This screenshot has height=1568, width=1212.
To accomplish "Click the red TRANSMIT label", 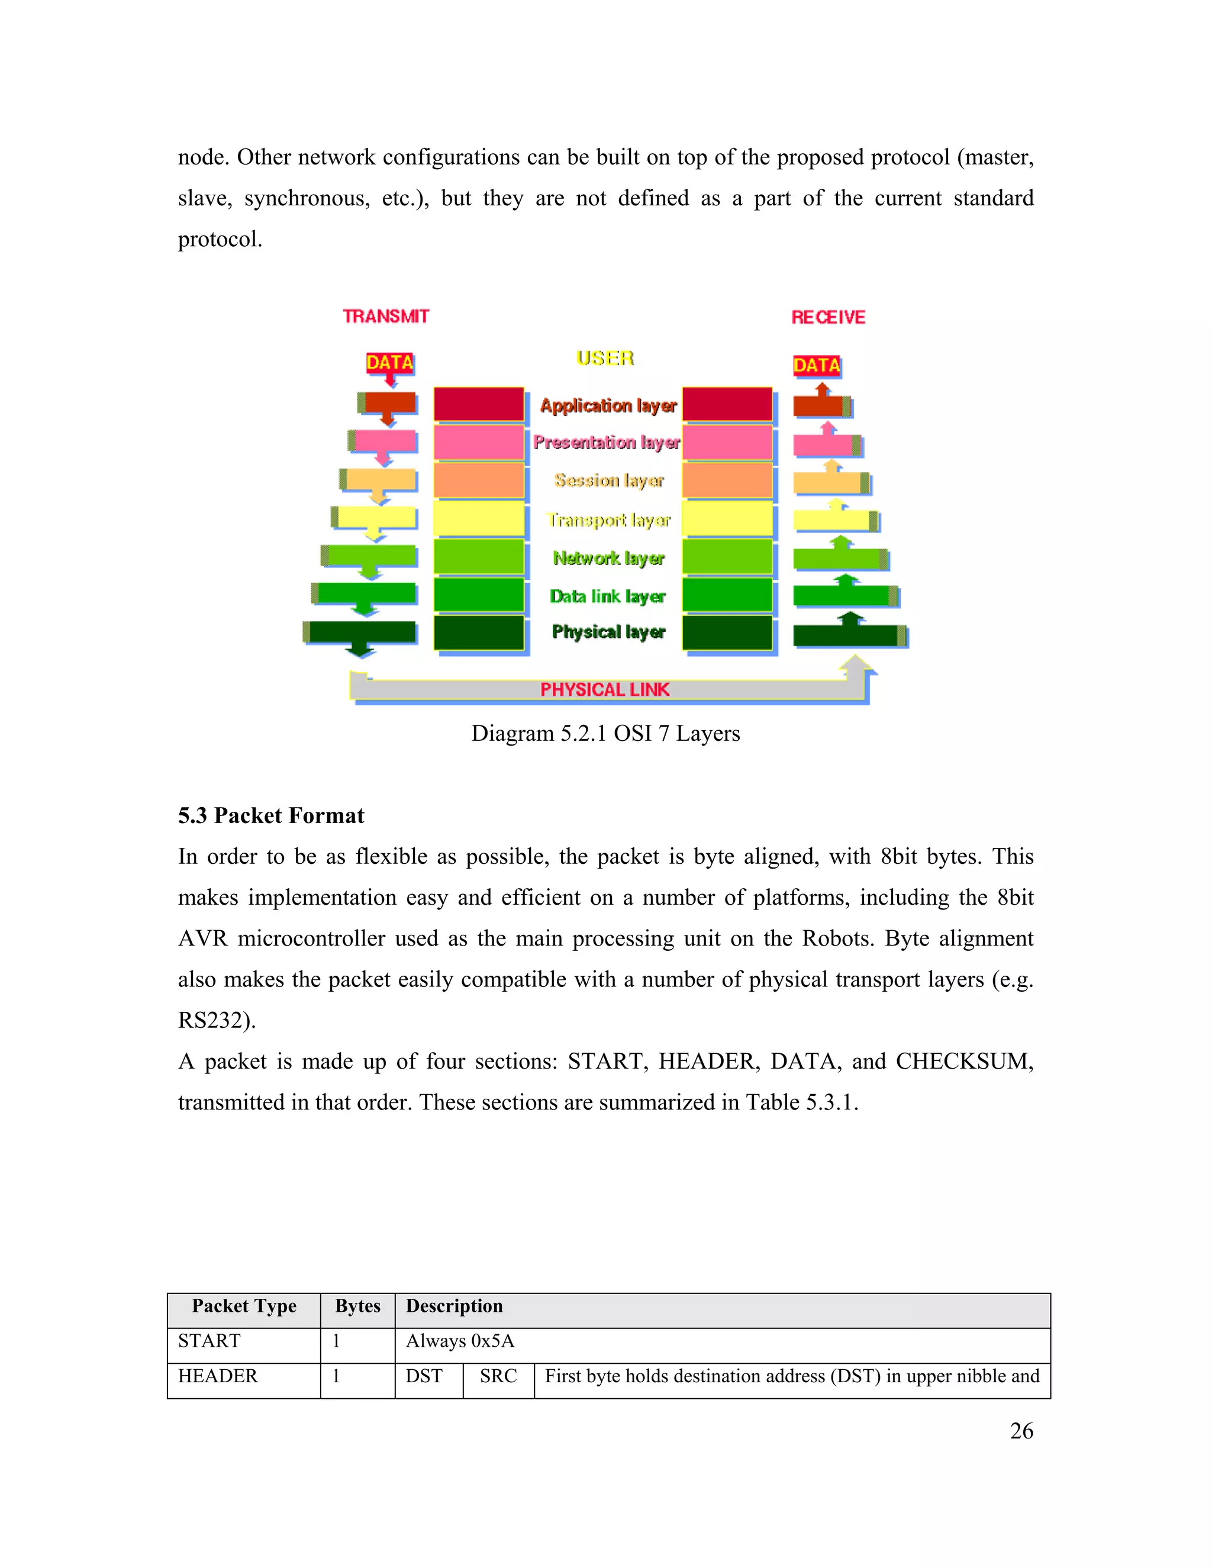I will [x=386, y=317].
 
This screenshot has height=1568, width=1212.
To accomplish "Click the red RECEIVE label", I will [x=828, y=317].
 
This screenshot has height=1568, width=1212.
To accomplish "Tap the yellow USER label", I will [x=605, y=357].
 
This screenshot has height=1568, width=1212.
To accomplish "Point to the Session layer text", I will [x=609, y=480].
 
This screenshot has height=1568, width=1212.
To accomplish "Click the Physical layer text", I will [x=608, y=632].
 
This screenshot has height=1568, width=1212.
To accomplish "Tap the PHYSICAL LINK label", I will [x=605, y=689].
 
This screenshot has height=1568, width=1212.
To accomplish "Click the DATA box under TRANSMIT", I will [x=390, y=363].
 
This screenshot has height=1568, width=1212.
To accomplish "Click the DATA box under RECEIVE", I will [x=816, y=366].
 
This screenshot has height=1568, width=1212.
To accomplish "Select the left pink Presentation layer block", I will [x=479, y=442].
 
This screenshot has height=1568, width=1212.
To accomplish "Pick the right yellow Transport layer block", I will [x=727, y=518].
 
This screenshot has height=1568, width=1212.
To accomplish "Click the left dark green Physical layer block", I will [x=479, y=633].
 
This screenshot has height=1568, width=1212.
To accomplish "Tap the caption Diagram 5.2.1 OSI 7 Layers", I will [x=605, y=734].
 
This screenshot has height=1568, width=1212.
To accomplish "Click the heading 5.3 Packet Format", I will [x=272, y=815].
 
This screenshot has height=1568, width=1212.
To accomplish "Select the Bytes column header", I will [x=357, y=1306].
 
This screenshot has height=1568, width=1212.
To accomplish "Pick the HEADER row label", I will [x=218, y=1376].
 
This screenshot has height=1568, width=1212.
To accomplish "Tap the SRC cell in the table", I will [x=498, y=1376].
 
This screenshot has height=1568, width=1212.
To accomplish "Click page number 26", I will [x=1021, y=1431].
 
